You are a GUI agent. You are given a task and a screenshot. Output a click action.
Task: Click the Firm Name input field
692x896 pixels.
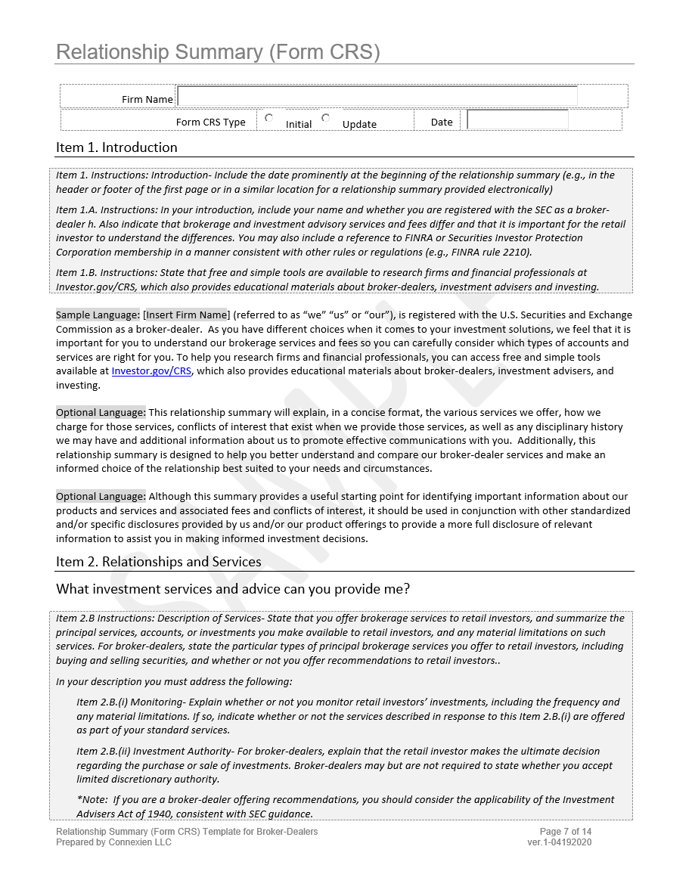[x=377, y=96]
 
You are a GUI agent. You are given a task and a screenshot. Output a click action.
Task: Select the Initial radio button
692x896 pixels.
[x=269, y=118]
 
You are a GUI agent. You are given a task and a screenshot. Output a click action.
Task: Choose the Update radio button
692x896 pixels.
[x=326, y=118]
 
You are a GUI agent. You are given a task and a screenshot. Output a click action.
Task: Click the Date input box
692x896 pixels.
[x=517, y=120]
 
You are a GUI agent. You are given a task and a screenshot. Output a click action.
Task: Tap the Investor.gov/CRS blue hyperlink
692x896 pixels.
[x=151, y=371]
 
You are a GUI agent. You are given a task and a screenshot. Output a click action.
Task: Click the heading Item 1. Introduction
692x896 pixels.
[x=116, y=147]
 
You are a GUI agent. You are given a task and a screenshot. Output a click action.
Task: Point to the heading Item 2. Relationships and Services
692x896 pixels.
[x=158, y=562]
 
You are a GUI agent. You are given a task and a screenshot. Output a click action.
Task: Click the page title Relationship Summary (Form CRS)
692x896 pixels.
[x=218, y=52]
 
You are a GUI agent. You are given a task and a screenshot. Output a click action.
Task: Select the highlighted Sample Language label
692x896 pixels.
[x=98, y=315]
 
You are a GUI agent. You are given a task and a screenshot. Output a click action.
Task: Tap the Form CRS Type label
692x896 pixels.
[x=210, y=122]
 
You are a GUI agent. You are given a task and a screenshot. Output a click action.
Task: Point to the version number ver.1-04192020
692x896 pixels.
[x=560, y=842]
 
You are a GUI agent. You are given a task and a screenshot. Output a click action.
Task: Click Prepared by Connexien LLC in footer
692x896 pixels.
[x=113, y=842]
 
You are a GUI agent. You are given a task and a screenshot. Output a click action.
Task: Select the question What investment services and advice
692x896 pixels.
[x=233, y=589]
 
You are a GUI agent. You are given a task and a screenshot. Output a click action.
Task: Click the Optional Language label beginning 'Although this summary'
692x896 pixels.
[x=101, y=497]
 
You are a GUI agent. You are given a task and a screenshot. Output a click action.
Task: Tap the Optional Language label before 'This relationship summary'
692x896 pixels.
[x=101, y=413]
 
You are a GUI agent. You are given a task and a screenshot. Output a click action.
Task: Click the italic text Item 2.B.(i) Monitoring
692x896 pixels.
[x=145, y=702]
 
